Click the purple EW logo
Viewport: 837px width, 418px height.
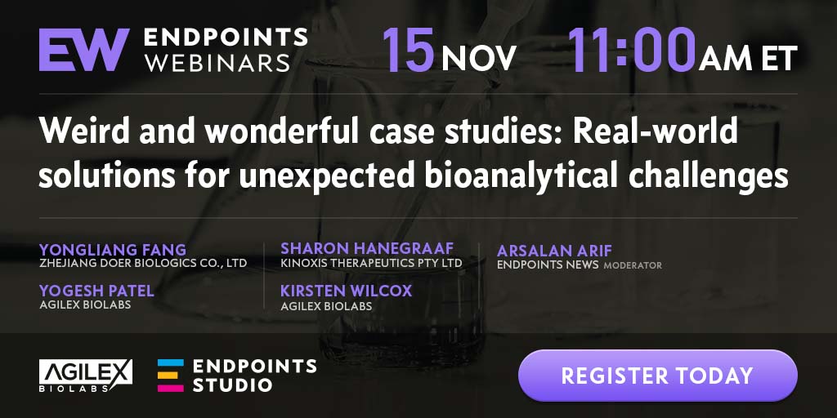tap(84, 50)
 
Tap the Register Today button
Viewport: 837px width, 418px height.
tap(657, 376)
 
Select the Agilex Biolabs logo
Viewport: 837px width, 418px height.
tap(86, 376)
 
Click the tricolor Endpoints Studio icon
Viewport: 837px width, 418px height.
tap(170, 376)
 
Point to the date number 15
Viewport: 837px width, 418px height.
tap(408, 50)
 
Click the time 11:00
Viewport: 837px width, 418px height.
tap(632, 50)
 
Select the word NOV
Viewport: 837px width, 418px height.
tap(479, 58)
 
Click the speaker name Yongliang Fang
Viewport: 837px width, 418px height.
tap(113, 250)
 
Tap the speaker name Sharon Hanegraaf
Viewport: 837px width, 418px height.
tap(367, 248)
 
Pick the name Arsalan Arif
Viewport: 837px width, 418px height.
tap(554, 251)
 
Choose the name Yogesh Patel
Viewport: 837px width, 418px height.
tap(96, 291)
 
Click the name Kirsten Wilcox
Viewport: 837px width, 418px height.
tap(347, 291)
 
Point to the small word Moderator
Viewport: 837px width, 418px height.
tap(633, 265)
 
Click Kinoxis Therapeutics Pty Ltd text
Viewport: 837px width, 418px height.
tap(372, 264)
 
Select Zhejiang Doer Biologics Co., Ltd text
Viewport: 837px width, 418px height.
tap(143, 264)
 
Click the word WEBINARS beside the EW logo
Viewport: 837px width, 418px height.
tap(217, 62)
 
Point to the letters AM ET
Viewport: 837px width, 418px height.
tap(748, 58)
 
